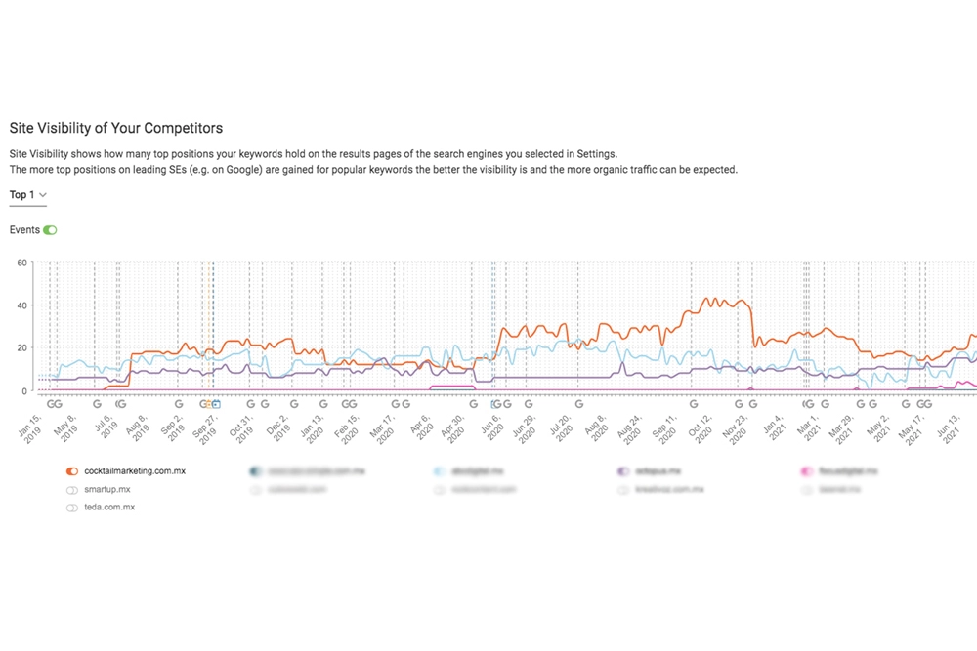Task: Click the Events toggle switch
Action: (x=51, y=230)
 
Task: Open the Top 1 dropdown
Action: (x=28, y=195)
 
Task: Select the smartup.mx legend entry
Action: (x=106, y=489)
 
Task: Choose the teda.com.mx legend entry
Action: (x=110, y=508)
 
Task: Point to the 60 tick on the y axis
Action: (x=22, y=263)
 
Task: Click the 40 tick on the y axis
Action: (x=22, y=305)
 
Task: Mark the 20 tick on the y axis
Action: (x=22, y=348)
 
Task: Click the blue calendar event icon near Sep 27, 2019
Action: (x=216, y=403)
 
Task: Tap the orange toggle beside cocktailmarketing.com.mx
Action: (x=72, y=470)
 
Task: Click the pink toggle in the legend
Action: (x=807, y=470)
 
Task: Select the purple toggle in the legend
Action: (x=623, y=470)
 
